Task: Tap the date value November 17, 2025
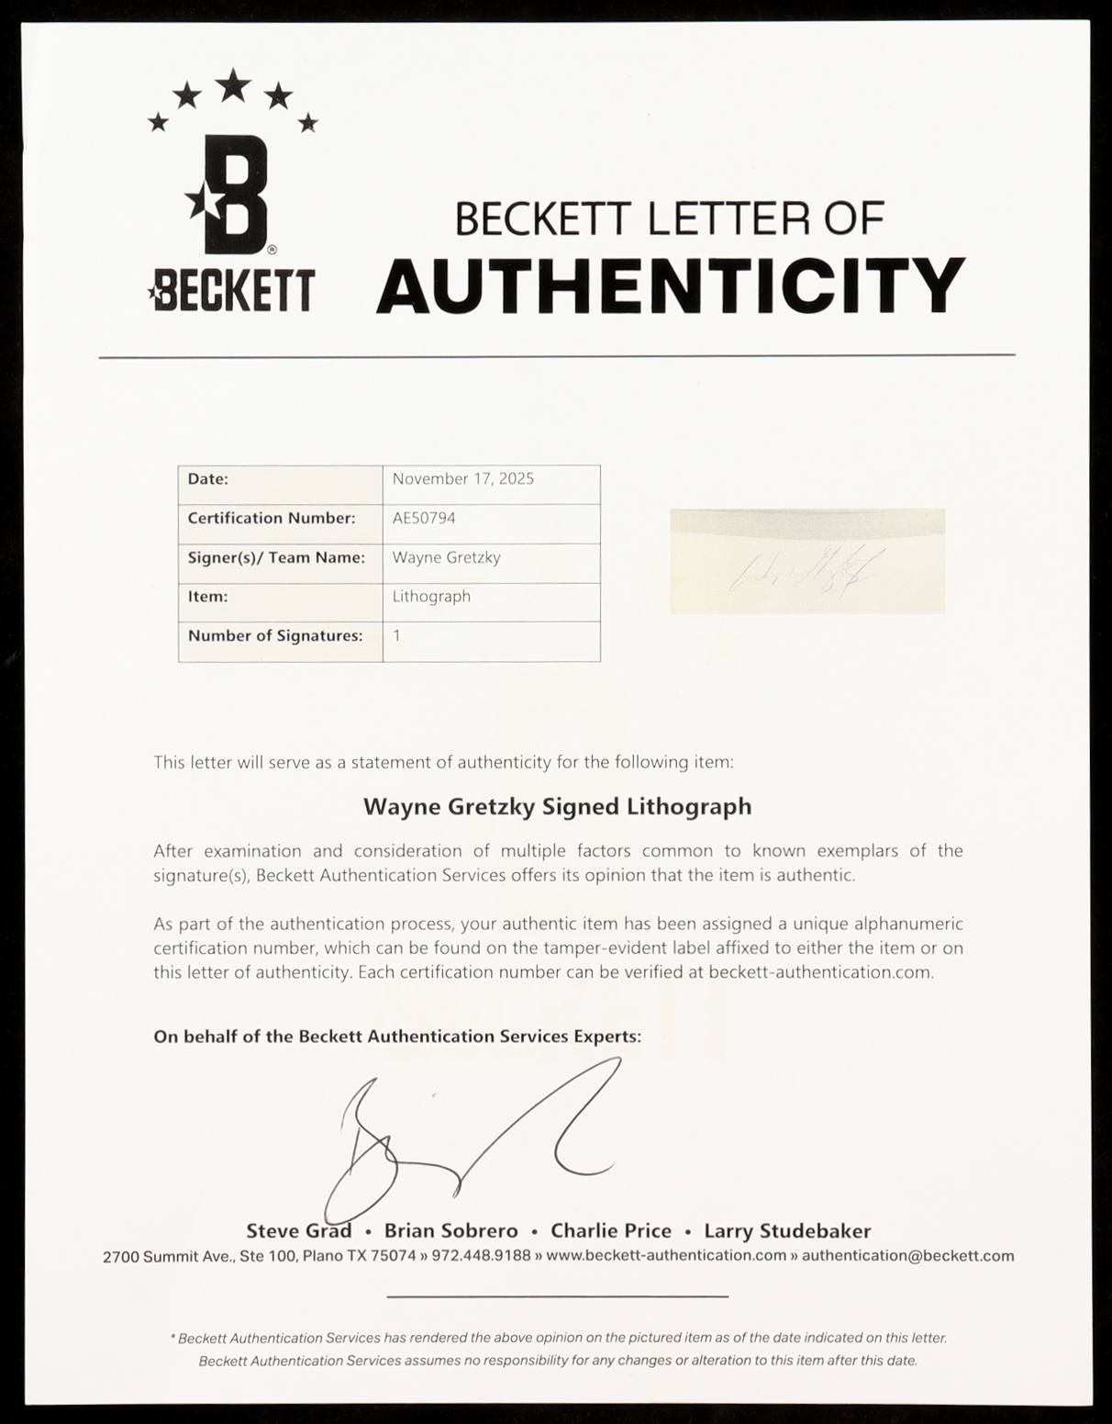[x=462, y=478]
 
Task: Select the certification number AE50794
[x=423, y=518]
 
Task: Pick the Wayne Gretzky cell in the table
[x=446, y=557]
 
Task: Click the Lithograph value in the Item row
[x=431, y=596]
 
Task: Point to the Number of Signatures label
[x=274, y=635]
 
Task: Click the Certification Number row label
[x=271, y=518]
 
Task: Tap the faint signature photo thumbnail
[x=807, y=560]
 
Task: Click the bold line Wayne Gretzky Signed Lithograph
[x=557, y=806]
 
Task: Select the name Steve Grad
[x=298, y=1231]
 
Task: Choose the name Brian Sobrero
[x=450, y=1231]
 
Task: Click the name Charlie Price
[x=610, y=1231]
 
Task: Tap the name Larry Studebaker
[x=787, y=1231]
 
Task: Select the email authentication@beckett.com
[x=907, y=1256]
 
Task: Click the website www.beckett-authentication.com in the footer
[x=666, y=1256]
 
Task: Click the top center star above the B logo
[x=235, y=85]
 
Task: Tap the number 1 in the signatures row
[x=396, y=635]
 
